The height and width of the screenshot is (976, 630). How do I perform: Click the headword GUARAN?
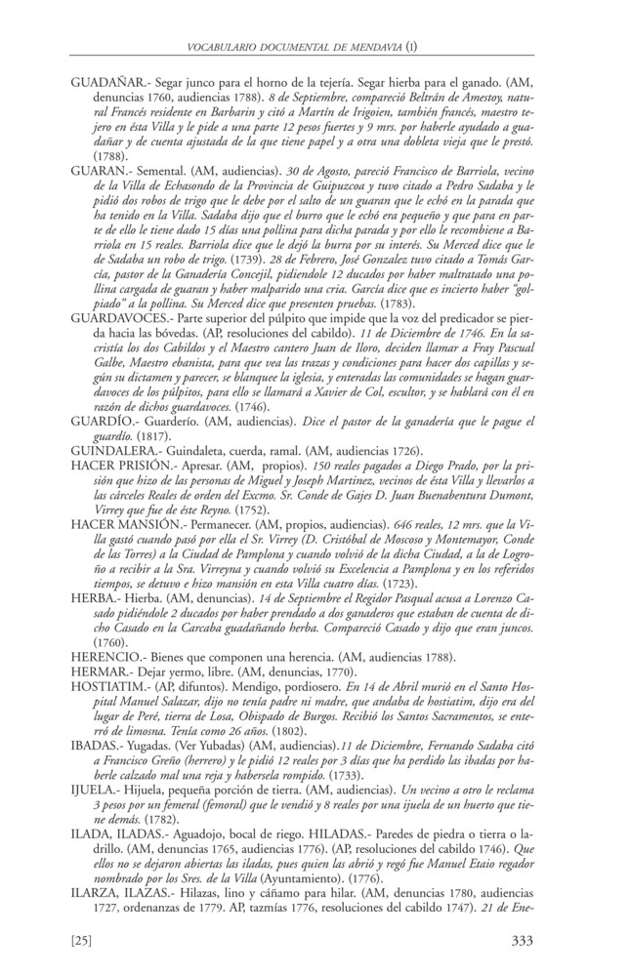(x=101, y=169)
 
